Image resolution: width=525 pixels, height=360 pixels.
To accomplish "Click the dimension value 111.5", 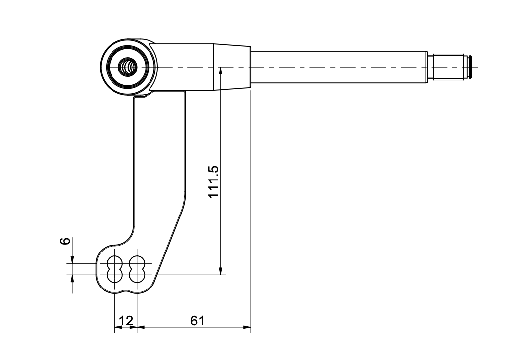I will pyautogui.click(x=213, y=181).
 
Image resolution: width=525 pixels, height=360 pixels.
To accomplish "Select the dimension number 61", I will pyautogui.click(x=197, y=321).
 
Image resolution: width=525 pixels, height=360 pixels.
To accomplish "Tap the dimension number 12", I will pyautogui.click(x=126, y=321).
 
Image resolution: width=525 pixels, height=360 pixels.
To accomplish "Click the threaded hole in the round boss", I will pyautogui.click(x=128, y=67).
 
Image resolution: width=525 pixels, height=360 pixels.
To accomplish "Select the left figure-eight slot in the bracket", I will pyautogui.click(x=115, y=269).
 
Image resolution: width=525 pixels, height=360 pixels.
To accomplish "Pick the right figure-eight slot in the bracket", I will pyautogui.click(x=137, y=269).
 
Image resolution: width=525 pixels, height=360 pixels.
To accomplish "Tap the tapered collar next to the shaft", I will pyautogui.click(x=232, y=67).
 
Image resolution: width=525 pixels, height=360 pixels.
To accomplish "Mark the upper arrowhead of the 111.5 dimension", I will pyautogui.click(x=220, y=71).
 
